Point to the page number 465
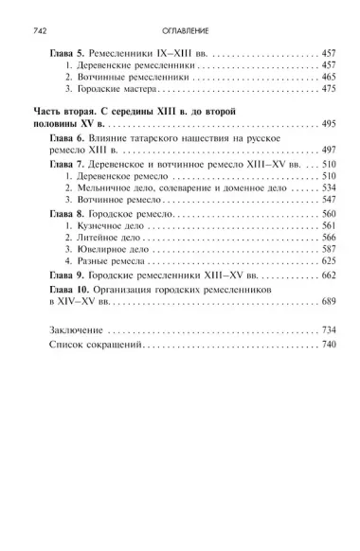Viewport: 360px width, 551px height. pyautogui.click(x=329, y=78)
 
